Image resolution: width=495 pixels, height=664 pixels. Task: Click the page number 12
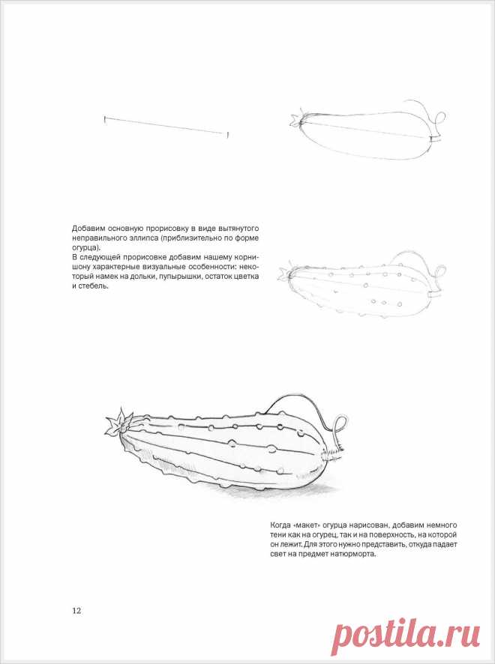click(x=76, y=610)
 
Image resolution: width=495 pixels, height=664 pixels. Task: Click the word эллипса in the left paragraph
click(x=136, y=238)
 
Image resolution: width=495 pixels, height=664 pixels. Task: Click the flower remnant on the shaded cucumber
click(x=116, y=424)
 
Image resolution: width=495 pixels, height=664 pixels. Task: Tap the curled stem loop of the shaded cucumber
click(x=340, y=426)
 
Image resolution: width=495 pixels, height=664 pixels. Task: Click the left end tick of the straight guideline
click(x=105, y=118)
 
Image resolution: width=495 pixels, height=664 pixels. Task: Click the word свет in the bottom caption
click(x=280, y=555)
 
